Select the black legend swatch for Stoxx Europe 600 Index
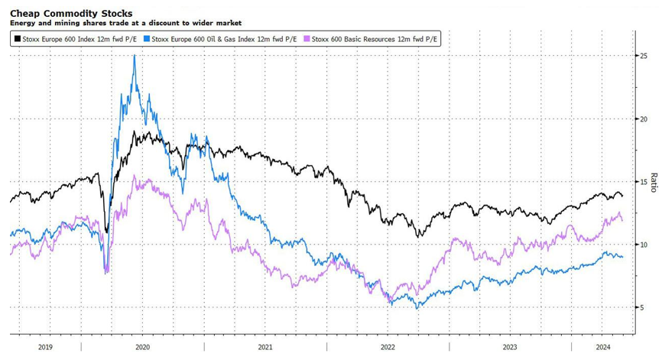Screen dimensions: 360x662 click(15, 38)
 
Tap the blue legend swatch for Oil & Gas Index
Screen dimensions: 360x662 click(147, 38)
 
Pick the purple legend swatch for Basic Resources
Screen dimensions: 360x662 click(307, 38)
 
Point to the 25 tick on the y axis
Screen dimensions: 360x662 click(644, 57)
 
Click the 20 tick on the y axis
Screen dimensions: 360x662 click(644, 119)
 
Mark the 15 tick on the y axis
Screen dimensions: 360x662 click(644, 182)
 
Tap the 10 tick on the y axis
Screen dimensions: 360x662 click(644, 245)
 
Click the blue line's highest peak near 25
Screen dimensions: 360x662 click(135, 56)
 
